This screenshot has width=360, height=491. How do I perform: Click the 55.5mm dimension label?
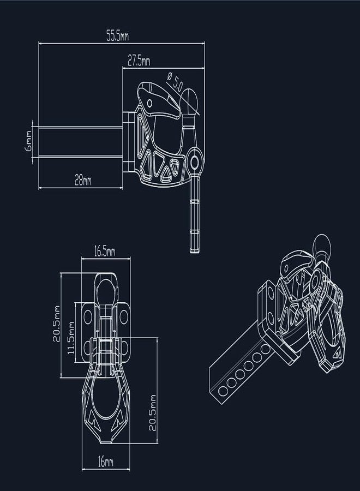click(x=117, y=37)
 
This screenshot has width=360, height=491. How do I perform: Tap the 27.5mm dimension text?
click(x=139, y=61)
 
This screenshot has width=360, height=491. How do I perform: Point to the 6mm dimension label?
click(x=28, y=141)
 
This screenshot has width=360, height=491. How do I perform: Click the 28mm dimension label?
click(x=83, y=181)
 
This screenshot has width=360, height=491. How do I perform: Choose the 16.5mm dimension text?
click(x=105, y=251)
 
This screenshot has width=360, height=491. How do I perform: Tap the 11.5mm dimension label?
click(x=71, y=338)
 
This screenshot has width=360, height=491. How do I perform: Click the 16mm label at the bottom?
click(x=105, y=462)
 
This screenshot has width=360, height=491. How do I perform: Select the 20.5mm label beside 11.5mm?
click(x=56, y=324)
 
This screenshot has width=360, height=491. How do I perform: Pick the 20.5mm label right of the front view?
click(x=152, y=413)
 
